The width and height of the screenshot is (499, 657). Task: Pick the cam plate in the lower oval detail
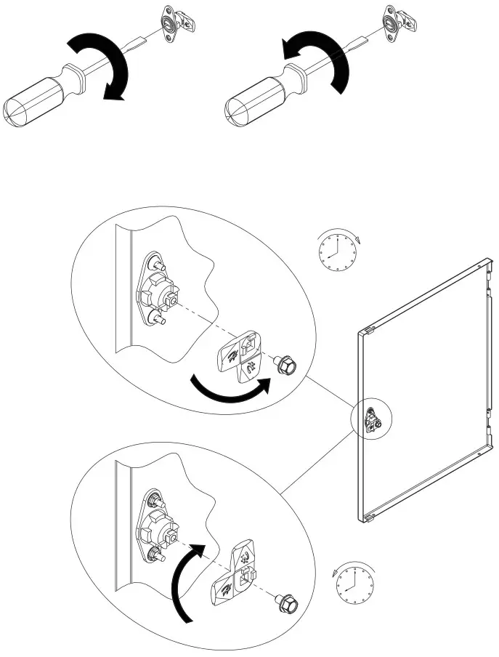click(x=236, y=574)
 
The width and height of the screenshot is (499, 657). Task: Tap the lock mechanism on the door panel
click(x=371, y=421)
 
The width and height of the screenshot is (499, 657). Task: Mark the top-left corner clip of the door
click(x=366, y=331)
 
